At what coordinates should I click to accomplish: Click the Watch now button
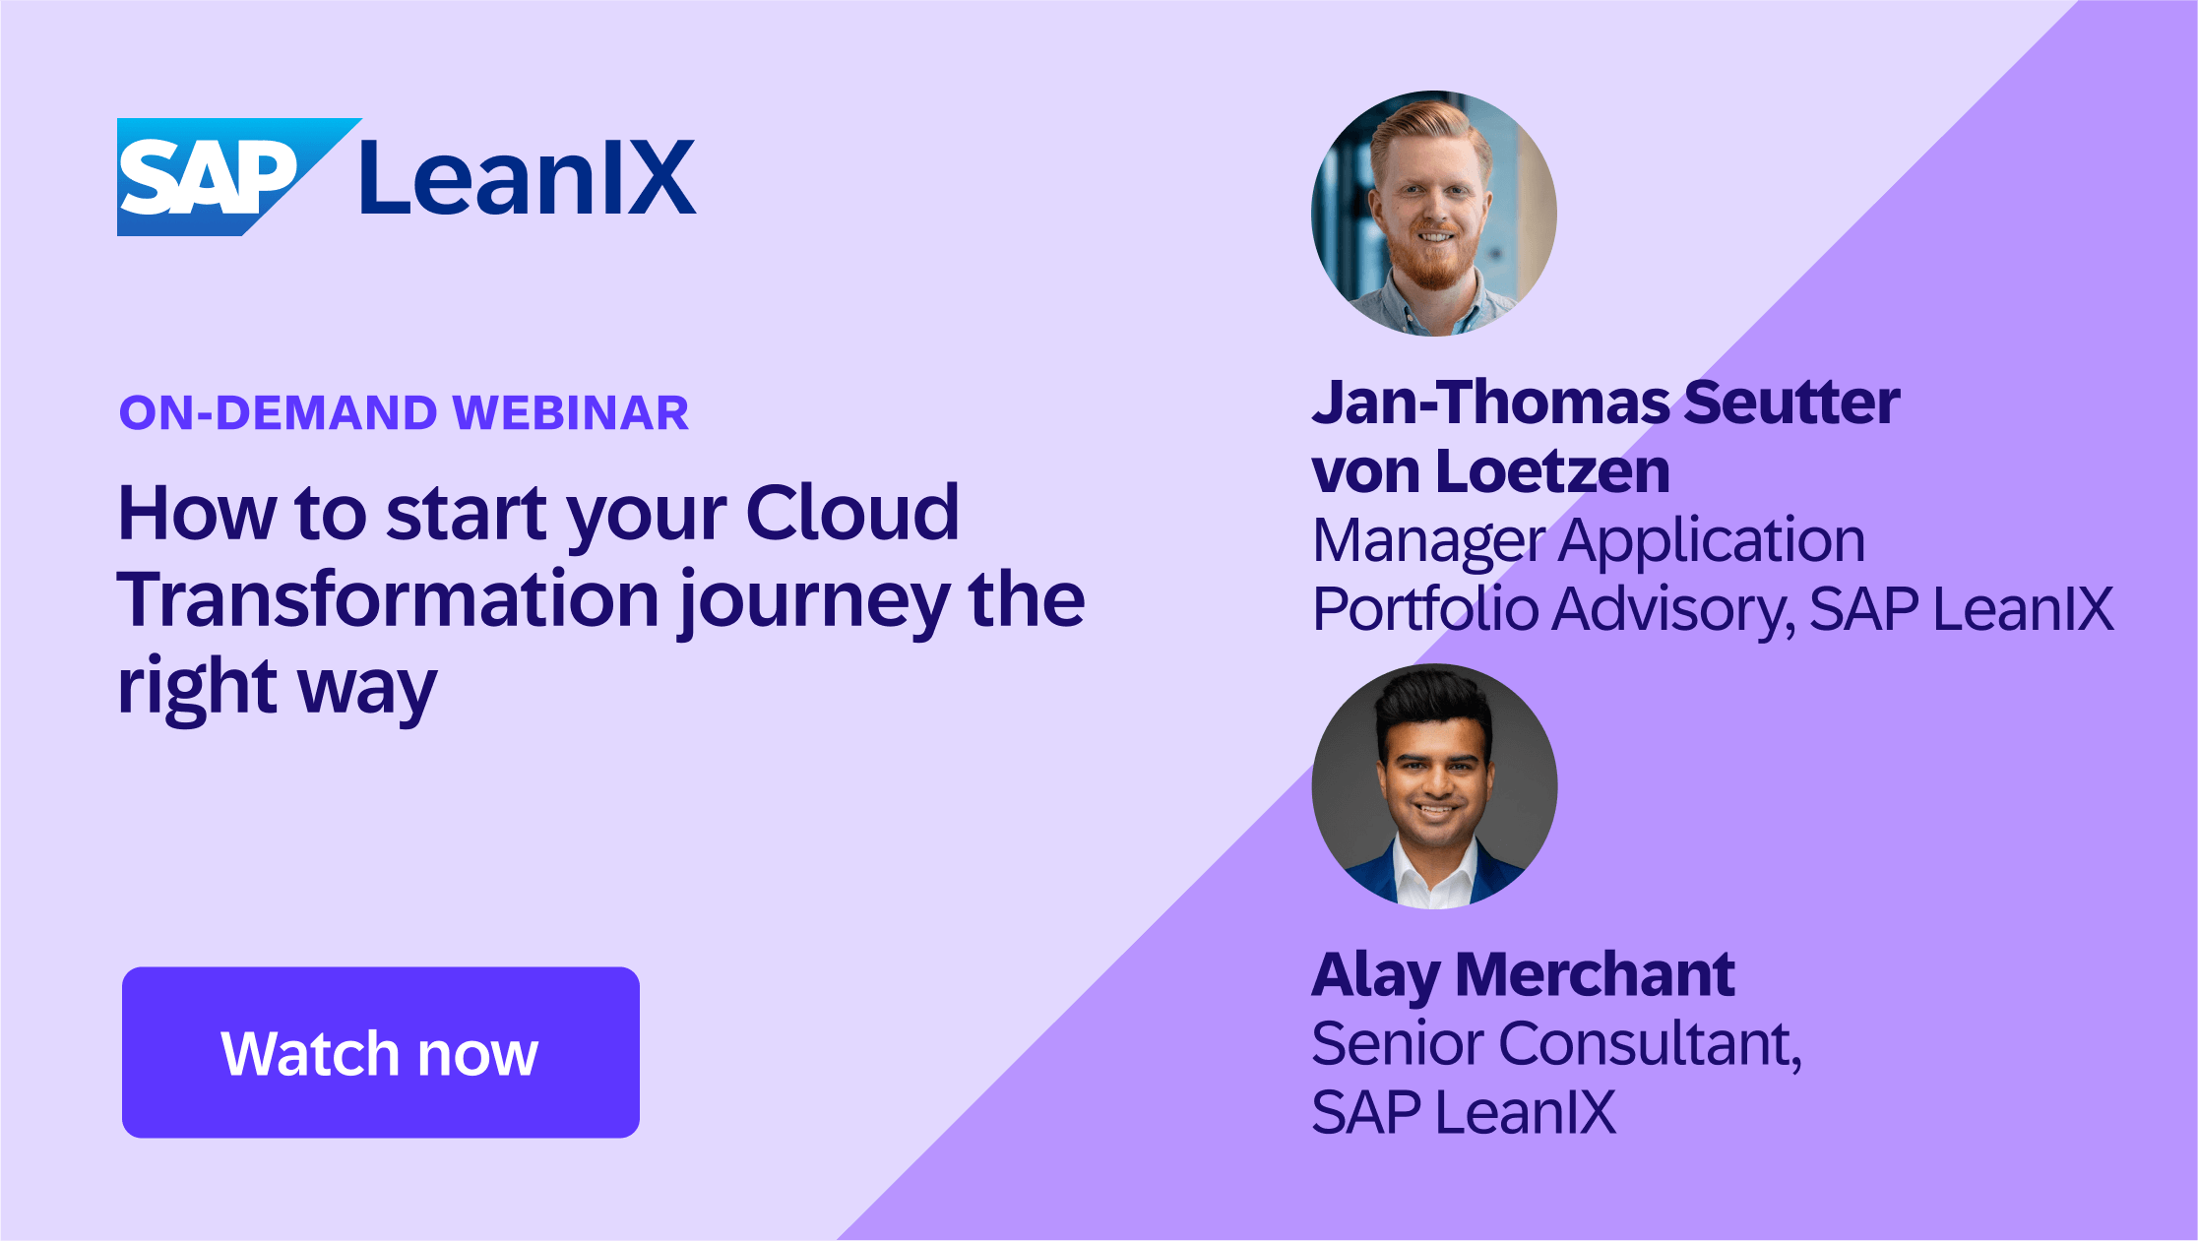point(380,1052)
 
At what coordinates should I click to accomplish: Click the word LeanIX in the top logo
point(527,178)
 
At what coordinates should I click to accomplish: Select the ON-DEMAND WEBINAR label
point(404,412)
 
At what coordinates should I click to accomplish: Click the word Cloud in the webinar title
point(851,513)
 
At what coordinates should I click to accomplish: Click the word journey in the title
point(814,602)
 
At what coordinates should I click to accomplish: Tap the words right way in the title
point(277,687)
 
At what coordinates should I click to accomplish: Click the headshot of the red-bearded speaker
point(1434,214)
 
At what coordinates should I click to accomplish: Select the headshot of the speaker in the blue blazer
point(1434,786)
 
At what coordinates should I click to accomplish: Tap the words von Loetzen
point(1490,470)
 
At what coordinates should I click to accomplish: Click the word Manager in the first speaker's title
point(1428,541)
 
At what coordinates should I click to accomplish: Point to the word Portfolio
point(1425,609)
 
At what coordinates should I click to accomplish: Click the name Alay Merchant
point(1522,975)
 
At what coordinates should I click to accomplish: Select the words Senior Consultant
point(1555,1043)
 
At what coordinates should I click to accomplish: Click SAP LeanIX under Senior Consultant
point(1463,1112)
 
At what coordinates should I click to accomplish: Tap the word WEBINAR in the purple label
point(571,412)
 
